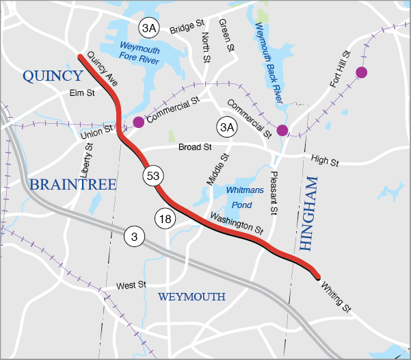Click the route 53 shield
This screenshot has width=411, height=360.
pos(153,176)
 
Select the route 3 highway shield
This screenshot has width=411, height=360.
pos(134,237)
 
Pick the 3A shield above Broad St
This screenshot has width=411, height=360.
pos(226,127)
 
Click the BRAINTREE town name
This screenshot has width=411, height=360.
pos(72,184)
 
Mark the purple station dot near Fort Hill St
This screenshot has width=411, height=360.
pos(361,72)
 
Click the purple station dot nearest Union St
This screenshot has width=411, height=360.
pos(138,122)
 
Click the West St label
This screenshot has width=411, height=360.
pos(132,284)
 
